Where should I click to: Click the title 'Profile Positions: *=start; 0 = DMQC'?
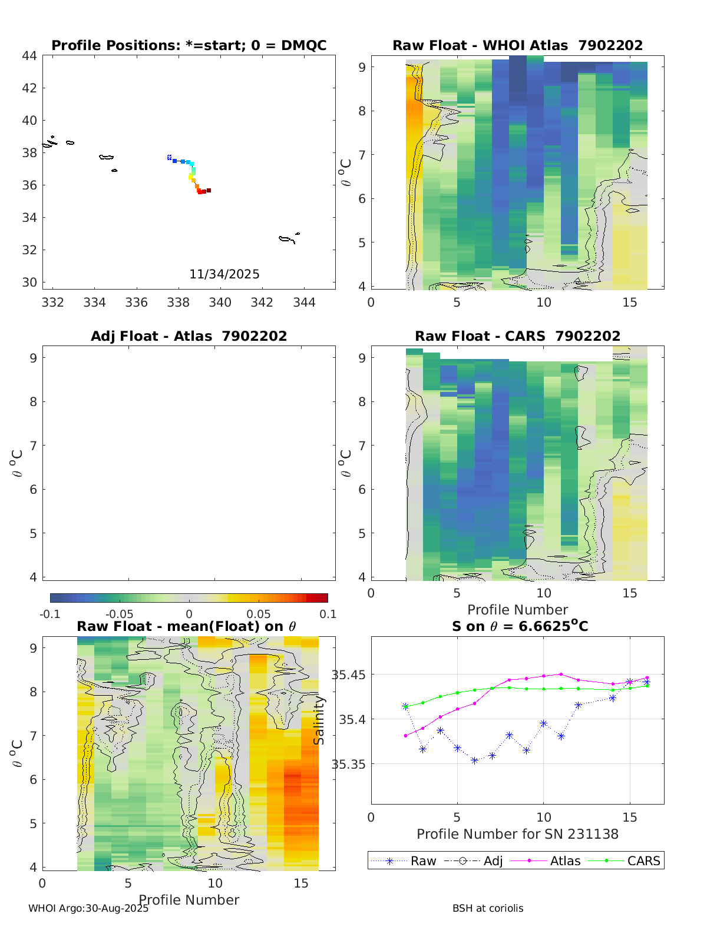point(189,45)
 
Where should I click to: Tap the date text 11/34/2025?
point(224,274)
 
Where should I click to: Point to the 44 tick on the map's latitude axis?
point(29,56)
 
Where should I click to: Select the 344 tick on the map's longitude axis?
point(304,303)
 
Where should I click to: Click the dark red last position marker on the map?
point(209,190)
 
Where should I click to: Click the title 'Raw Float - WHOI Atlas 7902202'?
point(517,45)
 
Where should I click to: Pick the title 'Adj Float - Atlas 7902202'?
point(189,336)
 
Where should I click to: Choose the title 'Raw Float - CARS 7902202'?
point(517,336)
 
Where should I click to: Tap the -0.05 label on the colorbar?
point(119,614)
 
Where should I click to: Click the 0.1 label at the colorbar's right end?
point(328,614)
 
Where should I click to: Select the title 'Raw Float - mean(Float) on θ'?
point(186,626)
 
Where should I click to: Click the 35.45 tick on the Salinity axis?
point(348,675)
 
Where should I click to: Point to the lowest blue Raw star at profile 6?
point(474,760)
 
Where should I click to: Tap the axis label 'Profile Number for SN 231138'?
point(517,834)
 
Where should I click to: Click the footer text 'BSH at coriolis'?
point(488,908)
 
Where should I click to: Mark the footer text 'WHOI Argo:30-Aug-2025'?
point(88,908)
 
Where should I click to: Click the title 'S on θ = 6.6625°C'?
point(520,626)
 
